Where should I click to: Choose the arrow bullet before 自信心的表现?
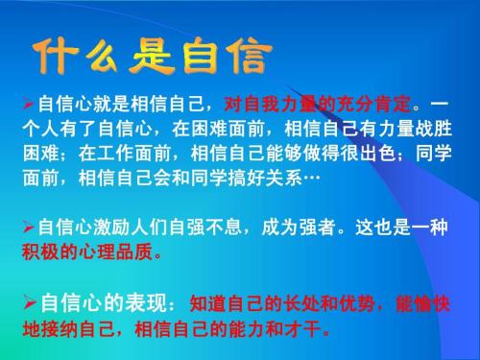29,303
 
